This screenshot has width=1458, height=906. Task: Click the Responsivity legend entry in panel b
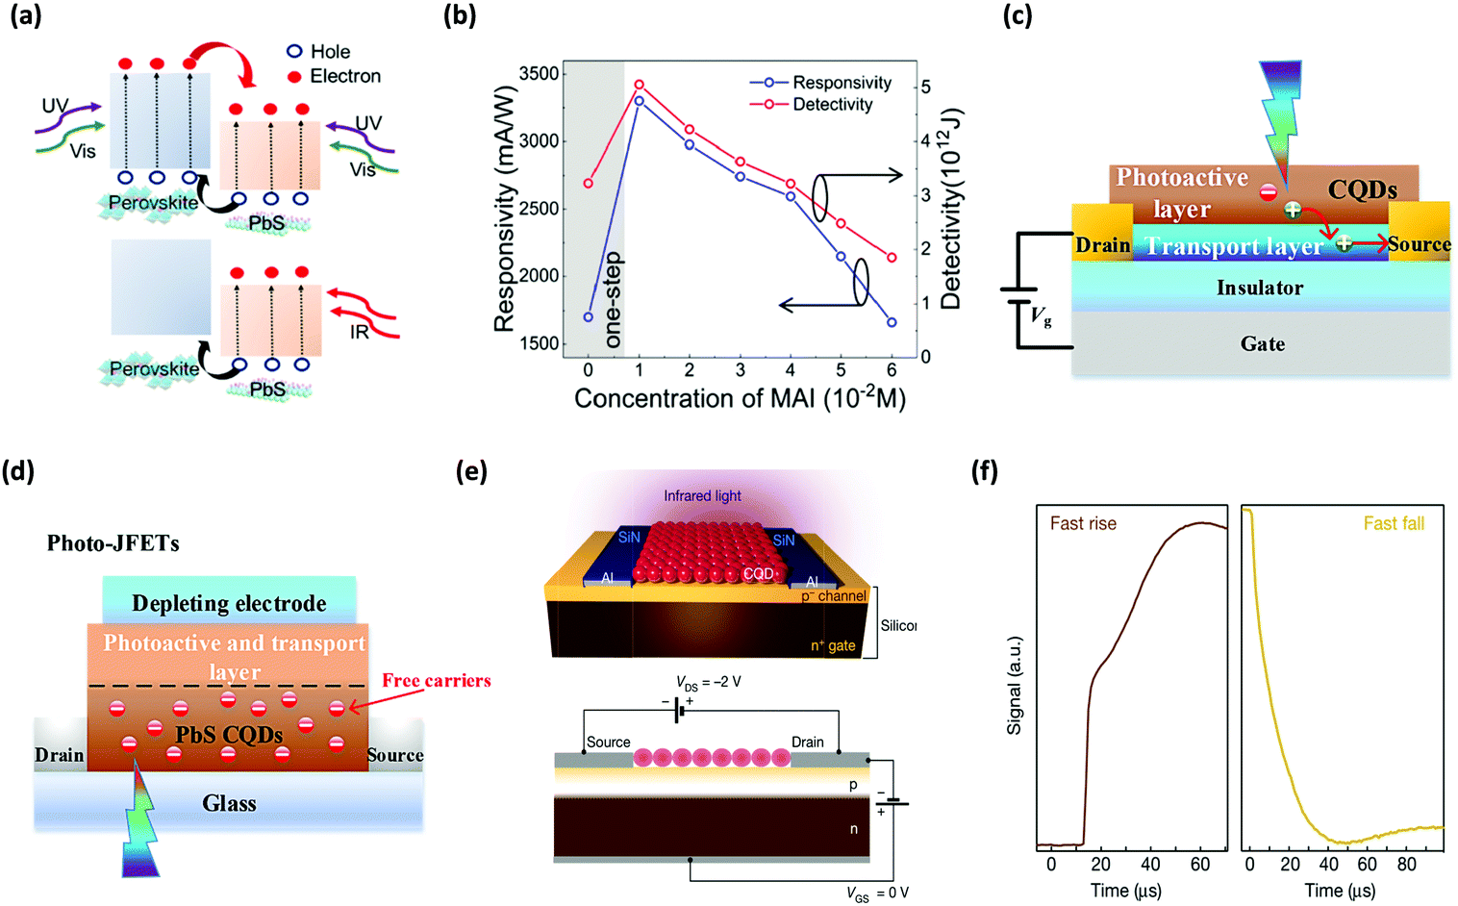click(842, 83)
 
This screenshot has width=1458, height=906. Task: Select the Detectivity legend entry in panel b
click(832, 104)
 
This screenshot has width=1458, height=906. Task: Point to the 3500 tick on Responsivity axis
click(539, 74)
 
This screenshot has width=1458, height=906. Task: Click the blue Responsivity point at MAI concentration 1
click(639, 100)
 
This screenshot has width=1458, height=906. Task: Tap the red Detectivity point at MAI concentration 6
click(892, 258)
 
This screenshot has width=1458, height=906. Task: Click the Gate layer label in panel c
click(1262, 344)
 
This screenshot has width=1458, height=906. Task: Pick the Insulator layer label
click(1260, 288)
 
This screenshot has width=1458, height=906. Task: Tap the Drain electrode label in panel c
click(1102, 245)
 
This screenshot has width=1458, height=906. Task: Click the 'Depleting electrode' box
click(229, 603)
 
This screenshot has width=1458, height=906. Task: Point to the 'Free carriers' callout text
click(436, 681)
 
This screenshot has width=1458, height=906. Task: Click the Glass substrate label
click(229, 803)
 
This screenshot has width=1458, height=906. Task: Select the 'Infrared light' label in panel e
click(702, 496)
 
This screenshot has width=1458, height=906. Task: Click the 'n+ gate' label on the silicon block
click(832, 645)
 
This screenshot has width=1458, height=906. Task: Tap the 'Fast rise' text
click(1083, 523)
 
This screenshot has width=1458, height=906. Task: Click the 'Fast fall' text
click(1394, 523)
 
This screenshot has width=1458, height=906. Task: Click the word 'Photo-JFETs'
click(113, 543)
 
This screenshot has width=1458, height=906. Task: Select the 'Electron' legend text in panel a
click(344, 76)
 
